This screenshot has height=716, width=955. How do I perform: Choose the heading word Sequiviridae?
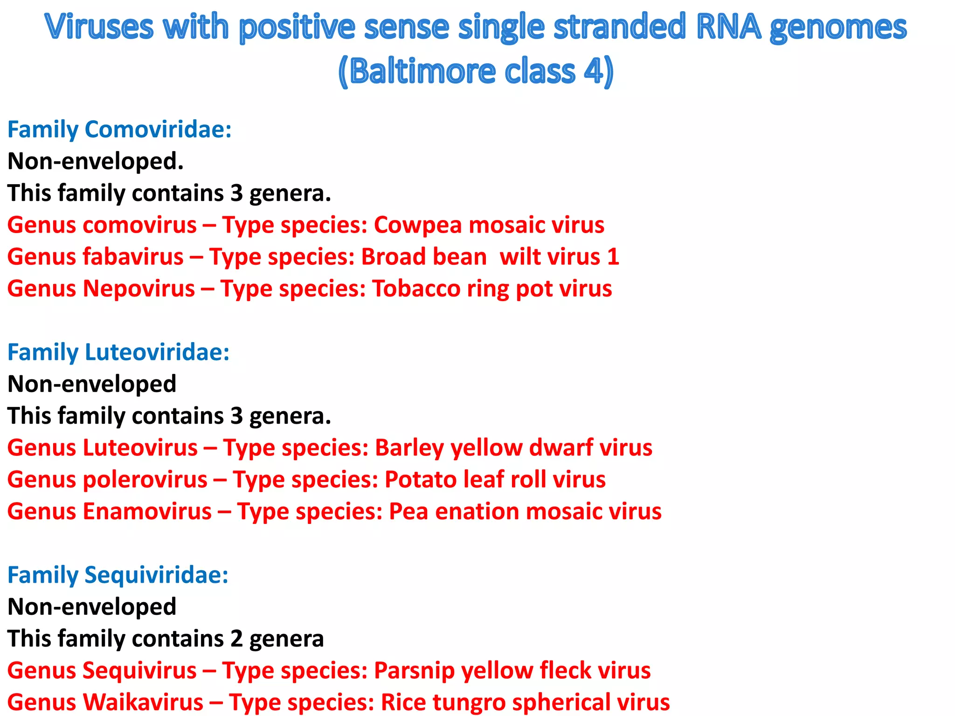pos(156,575)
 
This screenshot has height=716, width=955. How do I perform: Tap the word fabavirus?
pos(133,257)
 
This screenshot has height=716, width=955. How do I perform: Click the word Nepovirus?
pos(138,289)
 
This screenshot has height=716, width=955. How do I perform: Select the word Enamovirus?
pos(147,511)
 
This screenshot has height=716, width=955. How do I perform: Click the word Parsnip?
pos(414,671)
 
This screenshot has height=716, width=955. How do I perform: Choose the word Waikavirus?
pos(143,702)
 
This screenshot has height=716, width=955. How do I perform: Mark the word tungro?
pos(471,702)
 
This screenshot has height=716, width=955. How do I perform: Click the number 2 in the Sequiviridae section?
pos(237,639)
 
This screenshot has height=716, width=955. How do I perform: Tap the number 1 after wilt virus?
pos(613,257)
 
